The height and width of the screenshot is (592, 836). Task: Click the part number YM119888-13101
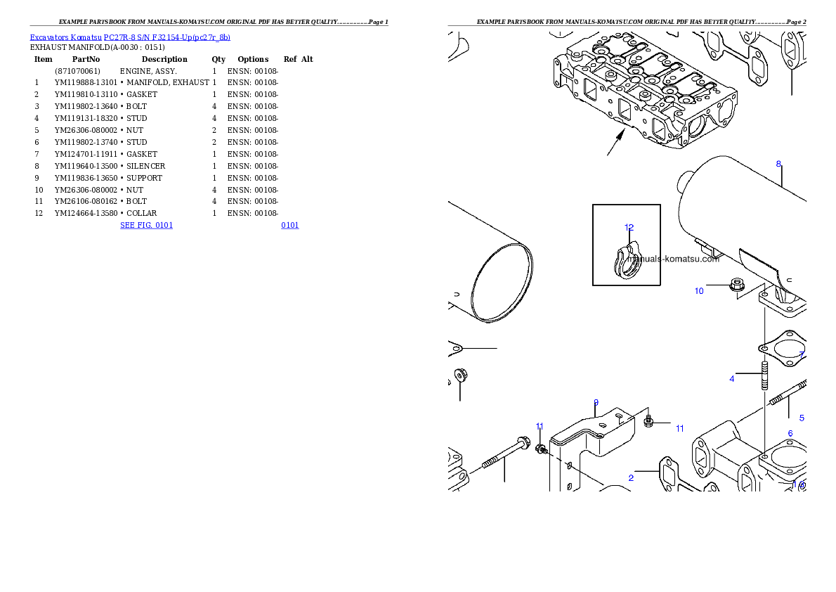coord(86,83)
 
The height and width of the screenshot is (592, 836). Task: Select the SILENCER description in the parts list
coord(145,166)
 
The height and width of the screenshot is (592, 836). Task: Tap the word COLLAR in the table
coord(141,213)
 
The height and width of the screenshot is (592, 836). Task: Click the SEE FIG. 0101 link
coord(147,225)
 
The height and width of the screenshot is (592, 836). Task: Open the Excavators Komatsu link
coord(65,37)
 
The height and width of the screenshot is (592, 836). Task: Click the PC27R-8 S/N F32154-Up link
coord(167,37)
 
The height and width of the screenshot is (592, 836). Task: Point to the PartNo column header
coord(86,59)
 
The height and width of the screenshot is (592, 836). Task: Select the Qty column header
coord(218,59)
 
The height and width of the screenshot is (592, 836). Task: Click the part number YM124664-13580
coord(86,213)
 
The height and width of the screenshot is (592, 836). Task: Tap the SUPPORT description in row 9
coord(144,178)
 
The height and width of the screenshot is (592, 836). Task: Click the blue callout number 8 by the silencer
coord(778,165)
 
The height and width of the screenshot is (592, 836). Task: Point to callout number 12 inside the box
coord(629,227)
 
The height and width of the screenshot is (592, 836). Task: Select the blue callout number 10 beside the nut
coord(699,291)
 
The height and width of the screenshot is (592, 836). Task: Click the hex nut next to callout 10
coord(737,285)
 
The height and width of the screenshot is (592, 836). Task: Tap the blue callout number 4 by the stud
coord(732,379)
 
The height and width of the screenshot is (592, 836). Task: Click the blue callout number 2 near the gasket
coord(632,478)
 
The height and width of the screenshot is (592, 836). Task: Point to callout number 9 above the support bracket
coord(596,403)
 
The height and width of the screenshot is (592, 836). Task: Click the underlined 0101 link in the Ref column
coord(290,225)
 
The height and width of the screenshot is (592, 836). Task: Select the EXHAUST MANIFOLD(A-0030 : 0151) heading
coord(97,48)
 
